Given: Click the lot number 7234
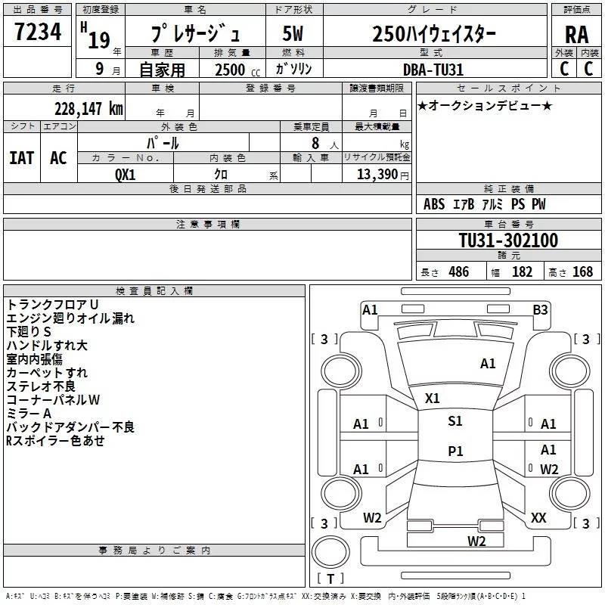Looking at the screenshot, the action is (x=38, y=32).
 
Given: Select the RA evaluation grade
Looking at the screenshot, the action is (x=577, y=35).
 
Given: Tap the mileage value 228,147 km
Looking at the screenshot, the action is (x=88, y=109).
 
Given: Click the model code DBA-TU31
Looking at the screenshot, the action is (x=433, y=70).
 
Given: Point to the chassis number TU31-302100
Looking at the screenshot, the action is (x=508, y=240).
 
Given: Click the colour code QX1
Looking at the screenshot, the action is (x=126, y=175).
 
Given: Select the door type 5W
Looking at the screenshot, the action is (x=293, y=33).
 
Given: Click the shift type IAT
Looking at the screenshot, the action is (x=22, y=158).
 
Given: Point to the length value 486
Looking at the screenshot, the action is (x=459, y=271).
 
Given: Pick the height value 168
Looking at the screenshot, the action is (x=582, y=271).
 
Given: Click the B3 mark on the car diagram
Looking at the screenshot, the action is (x=540, y=310).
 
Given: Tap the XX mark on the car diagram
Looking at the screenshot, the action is (x=538, y=518).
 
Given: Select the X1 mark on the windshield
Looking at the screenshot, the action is (x=432, y=399).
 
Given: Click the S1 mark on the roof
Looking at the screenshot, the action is (x=455, y=421).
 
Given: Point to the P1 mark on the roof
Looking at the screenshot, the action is (x=455, y=451).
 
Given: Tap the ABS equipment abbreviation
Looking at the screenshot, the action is (x=434, y=204).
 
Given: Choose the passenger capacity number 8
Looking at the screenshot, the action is (x=315, y=143).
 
